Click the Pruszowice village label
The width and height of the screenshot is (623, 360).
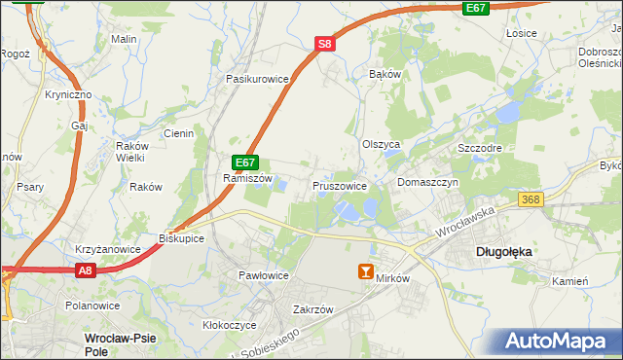pos(339,185)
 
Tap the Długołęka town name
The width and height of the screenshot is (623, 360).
pos(503,251)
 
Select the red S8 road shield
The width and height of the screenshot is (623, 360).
pos(325,44)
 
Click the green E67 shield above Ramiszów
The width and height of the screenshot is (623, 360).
pos(245,162)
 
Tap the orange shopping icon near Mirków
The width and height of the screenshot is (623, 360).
pos(366,272)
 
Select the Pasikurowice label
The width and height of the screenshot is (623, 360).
pos(258,78)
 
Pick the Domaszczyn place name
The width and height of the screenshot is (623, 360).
pos(427,182)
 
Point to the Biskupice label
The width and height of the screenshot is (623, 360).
pos(179,236)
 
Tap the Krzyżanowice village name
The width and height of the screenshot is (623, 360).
pos(107,249)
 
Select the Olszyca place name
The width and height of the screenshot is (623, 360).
pos(382,144)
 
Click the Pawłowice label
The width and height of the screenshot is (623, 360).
pos(264,275)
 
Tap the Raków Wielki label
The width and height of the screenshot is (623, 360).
pos(129,150)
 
